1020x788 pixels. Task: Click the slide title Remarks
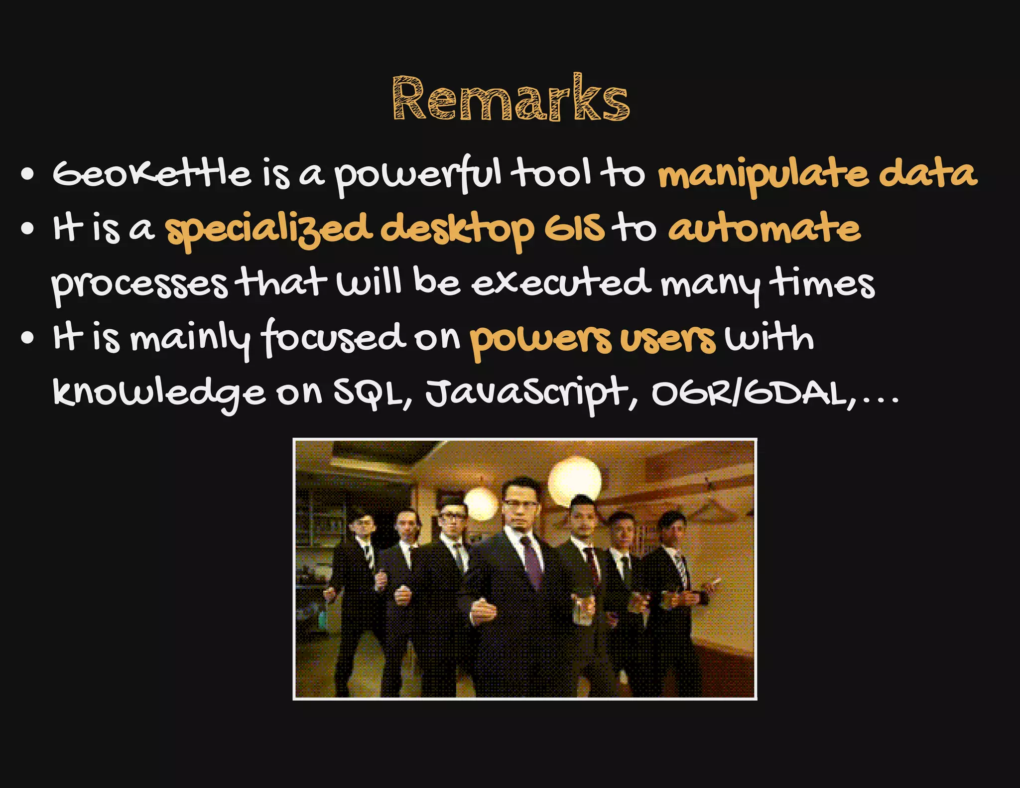click(511, 99)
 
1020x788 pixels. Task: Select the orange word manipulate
click(762, 175)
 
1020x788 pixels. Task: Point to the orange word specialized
click(268, 230)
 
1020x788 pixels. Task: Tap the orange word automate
click(764, 229)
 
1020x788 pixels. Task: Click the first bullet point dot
click(28, 175)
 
